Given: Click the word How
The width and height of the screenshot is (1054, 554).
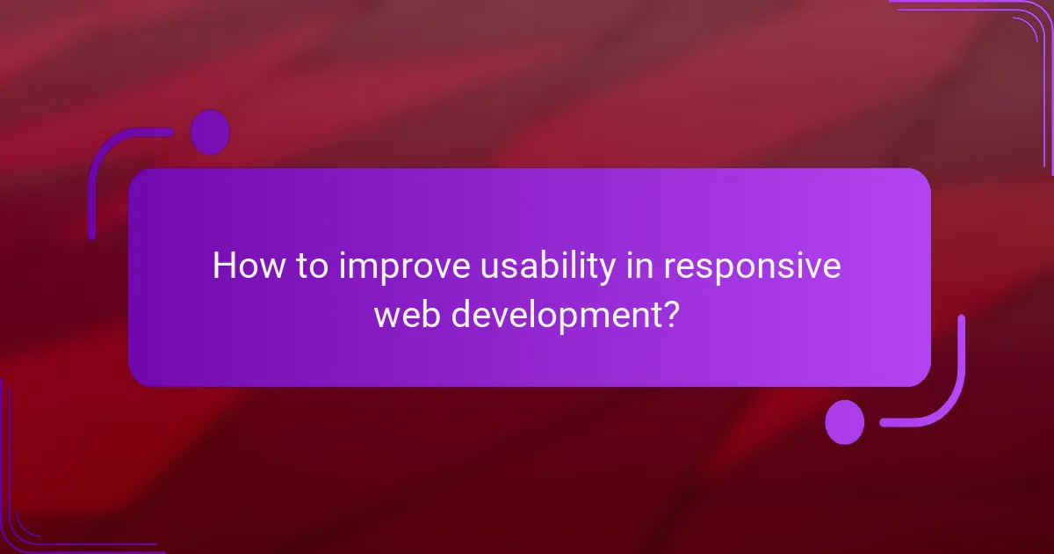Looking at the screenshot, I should (x=248, y=266).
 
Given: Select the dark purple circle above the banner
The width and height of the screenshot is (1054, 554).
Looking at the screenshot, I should (x=210, y=132).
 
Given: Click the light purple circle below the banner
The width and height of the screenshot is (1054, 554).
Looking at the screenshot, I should (x=844, y=422).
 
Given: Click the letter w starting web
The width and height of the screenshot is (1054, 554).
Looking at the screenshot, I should (x=386, y=314).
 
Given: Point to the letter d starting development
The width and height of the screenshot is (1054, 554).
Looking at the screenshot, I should (x=461, y=313).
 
